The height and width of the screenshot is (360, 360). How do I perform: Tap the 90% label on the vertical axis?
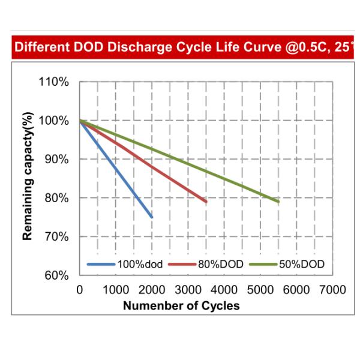[x=58, y=160]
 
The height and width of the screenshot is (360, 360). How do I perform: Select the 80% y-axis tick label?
[x=58, y=198]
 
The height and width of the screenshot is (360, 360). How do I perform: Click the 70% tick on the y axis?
[x=58, y=237]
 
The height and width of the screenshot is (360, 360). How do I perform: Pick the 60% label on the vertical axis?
[x=58, y=276]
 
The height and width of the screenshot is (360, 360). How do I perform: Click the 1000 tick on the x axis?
[x=116, y=290]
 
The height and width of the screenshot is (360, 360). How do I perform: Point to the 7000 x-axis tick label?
[x=333, y=290]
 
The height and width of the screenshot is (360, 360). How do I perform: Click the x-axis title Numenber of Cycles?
[x=181, y=306]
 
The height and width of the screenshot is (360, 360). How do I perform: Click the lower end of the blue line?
[x=152, y=217]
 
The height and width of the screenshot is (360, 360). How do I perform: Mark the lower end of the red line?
[x=206, y=202]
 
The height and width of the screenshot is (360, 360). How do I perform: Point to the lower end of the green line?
[x=278, y=202]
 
